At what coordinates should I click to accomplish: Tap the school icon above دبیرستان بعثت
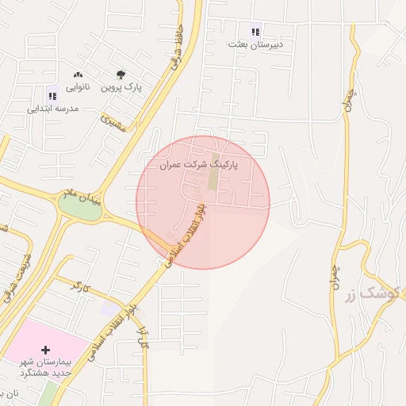[255, 33]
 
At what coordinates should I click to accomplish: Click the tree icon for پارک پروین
[121, 75]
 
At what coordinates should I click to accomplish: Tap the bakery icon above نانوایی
[77, 74]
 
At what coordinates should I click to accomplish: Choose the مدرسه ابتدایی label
[53, 108]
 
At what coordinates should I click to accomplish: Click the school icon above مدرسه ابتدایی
[53, 95]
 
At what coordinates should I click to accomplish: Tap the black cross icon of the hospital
[45, 350]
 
